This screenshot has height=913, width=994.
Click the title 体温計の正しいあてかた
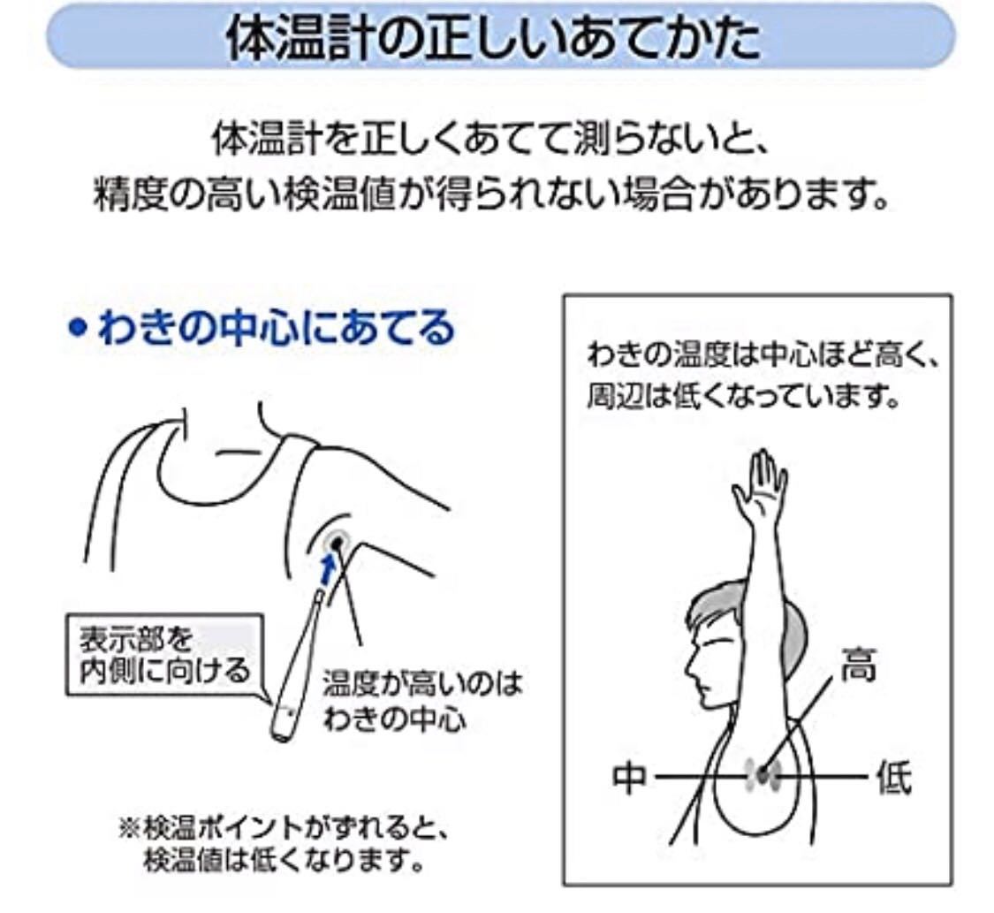coord(494,37)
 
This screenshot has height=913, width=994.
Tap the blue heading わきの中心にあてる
coord(277,328)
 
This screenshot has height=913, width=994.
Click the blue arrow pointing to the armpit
coord(328,568)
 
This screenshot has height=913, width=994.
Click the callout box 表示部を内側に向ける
coord(164,655)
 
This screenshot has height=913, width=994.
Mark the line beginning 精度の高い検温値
coord(491,196)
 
